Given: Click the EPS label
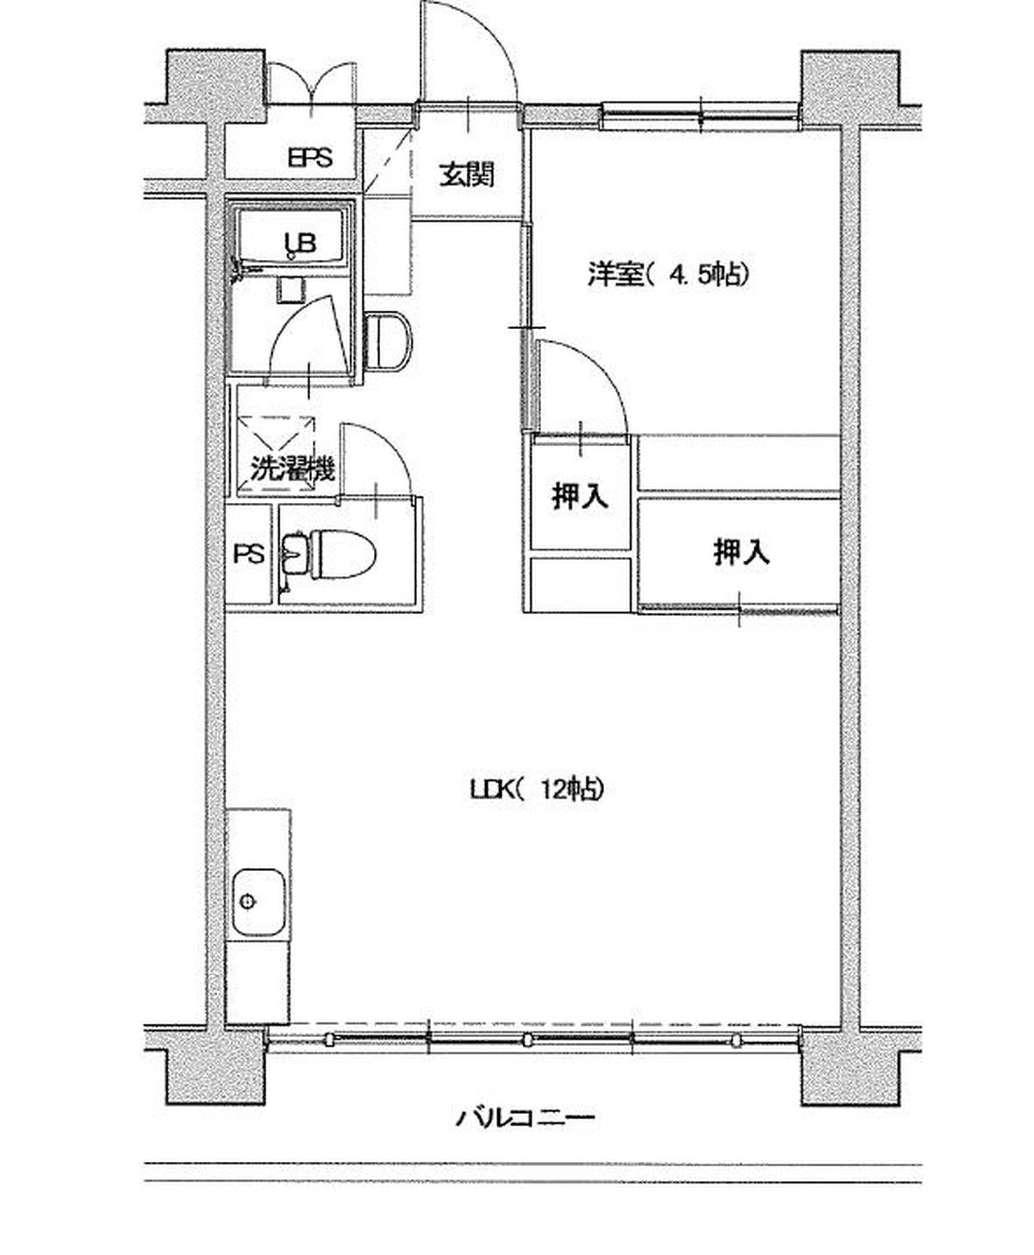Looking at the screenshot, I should tap(309, 158).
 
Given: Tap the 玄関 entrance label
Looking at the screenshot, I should tap(467, 176).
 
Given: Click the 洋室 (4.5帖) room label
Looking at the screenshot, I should tap(669, 275).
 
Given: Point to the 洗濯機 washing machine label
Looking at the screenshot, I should tap(292, 469).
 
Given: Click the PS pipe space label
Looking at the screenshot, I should tap(249, 554).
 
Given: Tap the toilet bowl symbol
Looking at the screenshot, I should tap(343, 554).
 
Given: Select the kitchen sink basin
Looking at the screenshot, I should tap(258, 901).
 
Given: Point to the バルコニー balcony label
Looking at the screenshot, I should tap(525, 1119).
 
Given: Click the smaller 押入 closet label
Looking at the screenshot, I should tap(580, 496).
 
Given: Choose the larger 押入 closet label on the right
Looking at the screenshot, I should tap(741, 552).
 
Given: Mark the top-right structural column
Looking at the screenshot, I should tap(850, 88).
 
